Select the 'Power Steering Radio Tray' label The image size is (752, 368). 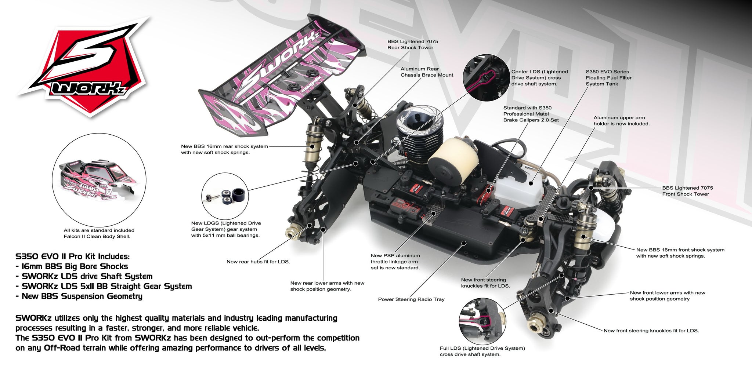(x=411, y=299)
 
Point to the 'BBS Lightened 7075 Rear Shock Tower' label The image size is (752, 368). (x=412, y=44)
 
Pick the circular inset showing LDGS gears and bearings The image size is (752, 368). (x=225, y=196)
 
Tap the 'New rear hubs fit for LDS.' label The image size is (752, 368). (x=258, y=262)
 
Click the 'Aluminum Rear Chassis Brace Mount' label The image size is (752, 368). (x=427, y=72)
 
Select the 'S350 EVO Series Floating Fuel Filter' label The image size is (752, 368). (x=608, y=78)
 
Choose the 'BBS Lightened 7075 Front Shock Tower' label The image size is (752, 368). (x=687, y=191)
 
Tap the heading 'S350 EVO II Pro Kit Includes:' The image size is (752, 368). (x=73, y=256)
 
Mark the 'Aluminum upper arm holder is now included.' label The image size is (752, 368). (x=621, y=121)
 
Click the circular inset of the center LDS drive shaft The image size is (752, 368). (x=486, y=78)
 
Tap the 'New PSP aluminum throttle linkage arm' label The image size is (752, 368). (x=395, y=262)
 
